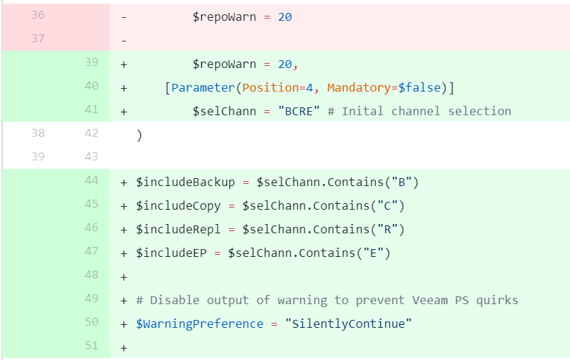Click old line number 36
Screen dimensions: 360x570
click(37, 15)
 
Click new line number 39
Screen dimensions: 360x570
click(91, 62)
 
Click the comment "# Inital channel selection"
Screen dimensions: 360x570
click(426, 111)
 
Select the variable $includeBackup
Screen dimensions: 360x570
click(185, 182)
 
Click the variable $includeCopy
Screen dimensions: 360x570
click(178, 205)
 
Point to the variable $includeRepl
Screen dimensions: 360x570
click(178, 229)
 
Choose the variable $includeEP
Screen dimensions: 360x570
click(171, 253)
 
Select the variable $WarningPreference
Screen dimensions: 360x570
click(200, 323)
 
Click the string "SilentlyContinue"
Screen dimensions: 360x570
click(349, 323)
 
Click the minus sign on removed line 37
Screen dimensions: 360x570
click(125, 40)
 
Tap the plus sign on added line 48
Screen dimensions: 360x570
click(124, 276)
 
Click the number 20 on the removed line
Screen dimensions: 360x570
click(284, 16)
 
